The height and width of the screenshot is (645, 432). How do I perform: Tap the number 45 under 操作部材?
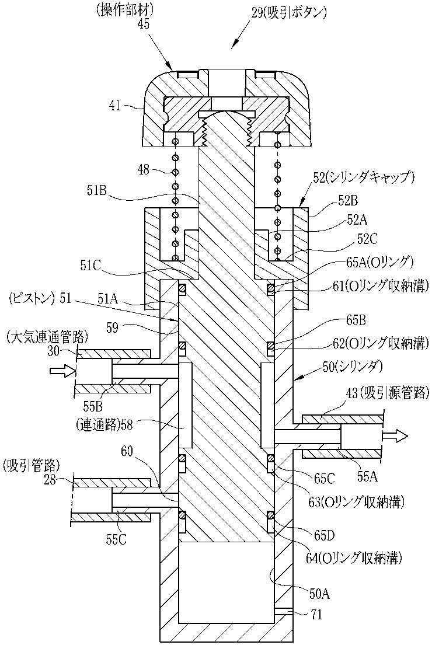tap(144, 25)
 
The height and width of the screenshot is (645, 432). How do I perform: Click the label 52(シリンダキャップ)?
tap(360, 179)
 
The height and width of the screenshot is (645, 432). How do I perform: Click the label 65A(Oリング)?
tap(378, 262)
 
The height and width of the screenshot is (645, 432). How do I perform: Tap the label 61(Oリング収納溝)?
tap(378, 285)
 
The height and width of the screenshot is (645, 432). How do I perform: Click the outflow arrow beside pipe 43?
tap(394, 435)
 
